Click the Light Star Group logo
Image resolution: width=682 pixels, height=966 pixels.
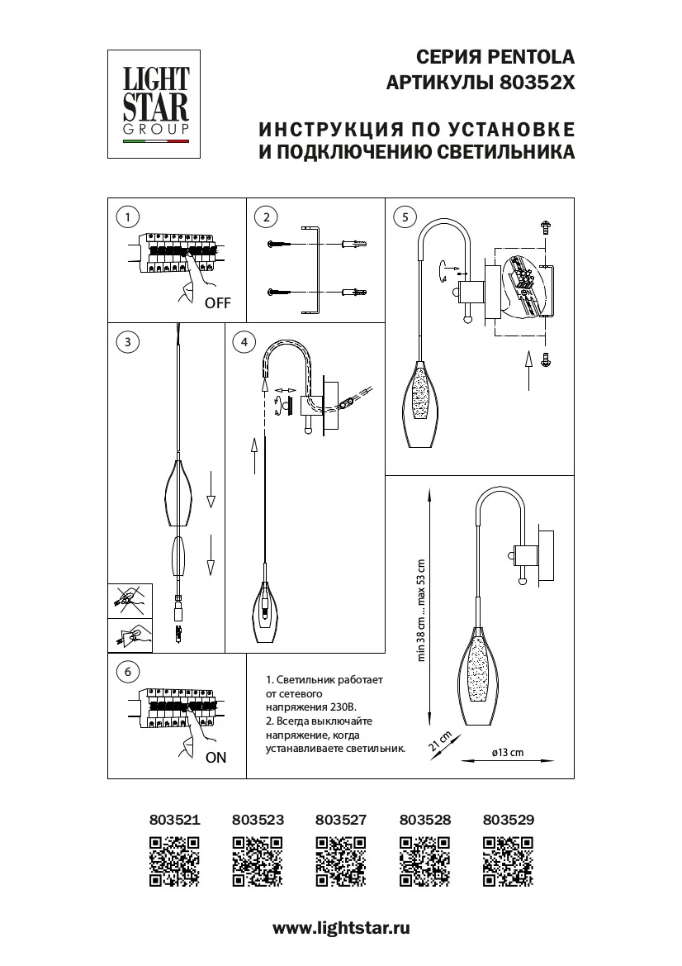click(156, 104)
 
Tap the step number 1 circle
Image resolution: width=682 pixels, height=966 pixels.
click(127, 217)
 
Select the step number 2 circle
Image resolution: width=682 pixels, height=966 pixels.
click(265, 217)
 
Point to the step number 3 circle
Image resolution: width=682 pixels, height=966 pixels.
click(127, 341)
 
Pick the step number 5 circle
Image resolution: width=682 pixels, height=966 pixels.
click(403, 217)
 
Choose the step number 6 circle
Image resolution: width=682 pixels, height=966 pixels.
click(127, 672)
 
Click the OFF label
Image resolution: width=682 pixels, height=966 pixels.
click(217, 303)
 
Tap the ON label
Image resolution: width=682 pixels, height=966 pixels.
click(215, 757)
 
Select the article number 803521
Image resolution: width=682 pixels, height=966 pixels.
click(174, 820)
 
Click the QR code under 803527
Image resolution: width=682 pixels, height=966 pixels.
click(340, 862)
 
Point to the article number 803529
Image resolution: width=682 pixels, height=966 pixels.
click(508, 820)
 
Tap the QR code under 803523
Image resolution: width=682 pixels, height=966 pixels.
click(258, 862)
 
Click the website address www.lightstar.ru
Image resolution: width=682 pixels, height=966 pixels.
click(341, 928)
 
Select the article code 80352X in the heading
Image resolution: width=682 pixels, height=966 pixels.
click(538, 83)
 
